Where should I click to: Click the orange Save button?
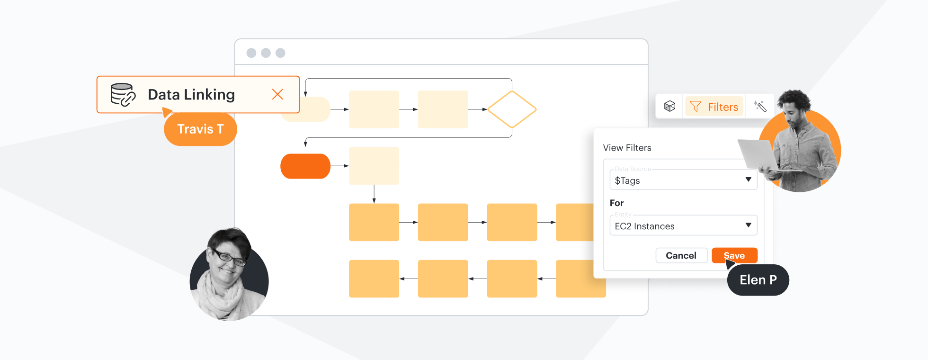point(734,255)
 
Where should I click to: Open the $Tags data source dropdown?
point(683,180)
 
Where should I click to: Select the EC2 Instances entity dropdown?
point(683,225)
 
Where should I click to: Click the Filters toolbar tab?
point(714,107)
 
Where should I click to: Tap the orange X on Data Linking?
point(277,94)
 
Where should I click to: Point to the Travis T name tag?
point(200,129)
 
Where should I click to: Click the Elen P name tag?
point(758,280)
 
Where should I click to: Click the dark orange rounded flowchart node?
point(305,166)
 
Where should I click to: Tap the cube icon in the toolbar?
point(669,106)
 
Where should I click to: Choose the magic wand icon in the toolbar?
point(760,106)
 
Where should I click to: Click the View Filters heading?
point(627,148)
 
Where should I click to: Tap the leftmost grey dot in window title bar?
point(251,53)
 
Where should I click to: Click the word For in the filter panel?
point(616,203)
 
